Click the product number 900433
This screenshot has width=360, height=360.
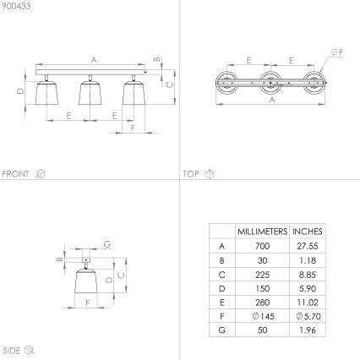(x=14, y=8)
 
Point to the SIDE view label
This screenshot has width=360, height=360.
(x=12, y=349)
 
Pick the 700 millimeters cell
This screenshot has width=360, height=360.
(x=262, y=245)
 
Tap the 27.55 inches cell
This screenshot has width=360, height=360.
(x=308, y=245)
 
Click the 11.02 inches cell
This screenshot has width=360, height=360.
(x=308, y=301)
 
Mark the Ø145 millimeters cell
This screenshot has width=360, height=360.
(x=262, y=315)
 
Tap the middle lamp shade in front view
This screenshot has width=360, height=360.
(x=87, y=100)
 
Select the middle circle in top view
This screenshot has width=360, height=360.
(x=271, y=82)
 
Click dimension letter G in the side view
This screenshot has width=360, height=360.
(x=107, y=244)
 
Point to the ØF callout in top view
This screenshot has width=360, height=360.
(x=336, y=52)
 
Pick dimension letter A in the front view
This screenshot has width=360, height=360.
(x=93, y=58)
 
